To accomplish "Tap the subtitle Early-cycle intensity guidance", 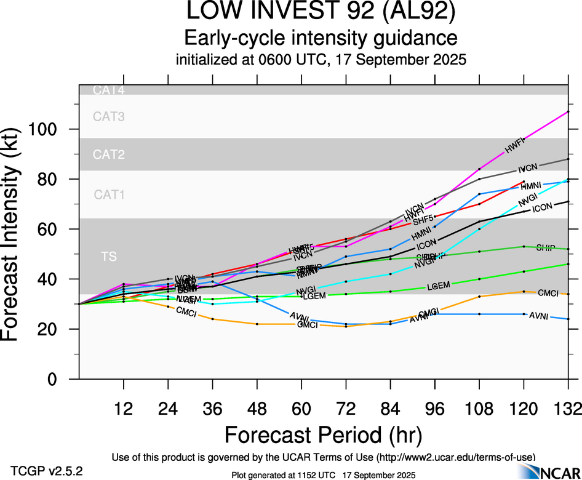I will pyautogui.click(x=321, y=38).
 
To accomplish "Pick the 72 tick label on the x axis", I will pyautogui.click(x=346, y=408).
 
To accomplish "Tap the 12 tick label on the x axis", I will pyautogui.click(x=124, y=408).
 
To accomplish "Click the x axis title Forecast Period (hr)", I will pyautogui.click(x=323, y=434).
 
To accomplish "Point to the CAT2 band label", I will pyautogui.click(x=109, y=155).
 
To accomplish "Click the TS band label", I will pyautogui.click(x=109, y=256).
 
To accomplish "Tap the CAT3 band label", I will pyautogui.click(x=109, y=116).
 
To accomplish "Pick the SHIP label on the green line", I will pyautogui.click(x=546, y=248).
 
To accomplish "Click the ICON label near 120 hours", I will pyautogui.click(x=542, y=208).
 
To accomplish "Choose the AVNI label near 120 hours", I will pyautogui.click(x=539, y=315).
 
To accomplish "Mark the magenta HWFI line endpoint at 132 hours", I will pyautogui.click(x=567, y=111).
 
